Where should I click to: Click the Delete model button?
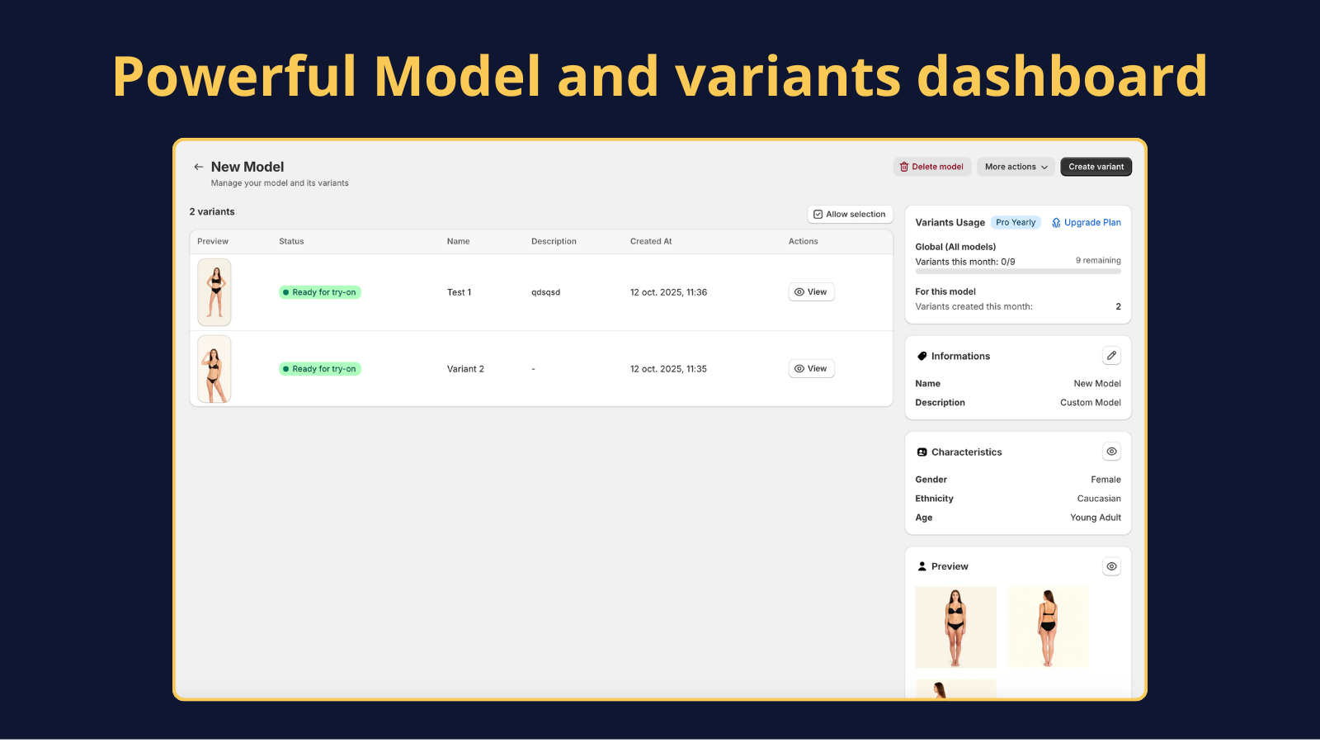(931, 167)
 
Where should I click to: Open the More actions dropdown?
(1016, 167)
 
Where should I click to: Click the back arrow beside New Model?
(198, 167)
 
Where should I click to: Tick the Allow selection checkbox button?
(850, 215)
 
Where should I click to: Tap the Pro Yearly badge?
(1015, 223)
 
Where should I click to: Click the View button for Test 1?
(811, 292)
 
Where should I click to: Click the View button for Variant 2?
(811, 369)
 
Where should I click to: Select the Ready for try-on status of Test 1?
(320, 292)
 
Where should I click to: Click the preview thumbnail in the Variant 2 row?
(214, 369)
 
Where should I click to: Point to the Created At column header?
(651, 242)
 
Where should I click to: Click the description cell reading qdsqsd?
(545, 292)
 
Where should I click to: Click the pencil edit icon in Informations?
(1111, 356)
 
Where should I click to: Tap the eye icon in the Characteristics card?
(1111, 452)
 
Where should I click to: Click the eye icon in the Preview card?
(1111, 566)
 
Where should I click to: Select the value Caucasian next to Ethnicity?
(1098, 499)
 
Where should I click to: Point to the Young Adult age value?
(1095, 518)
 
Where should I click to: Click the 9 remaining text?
(1097, 261)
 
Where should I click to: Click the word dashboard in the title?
(1062, 77)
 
